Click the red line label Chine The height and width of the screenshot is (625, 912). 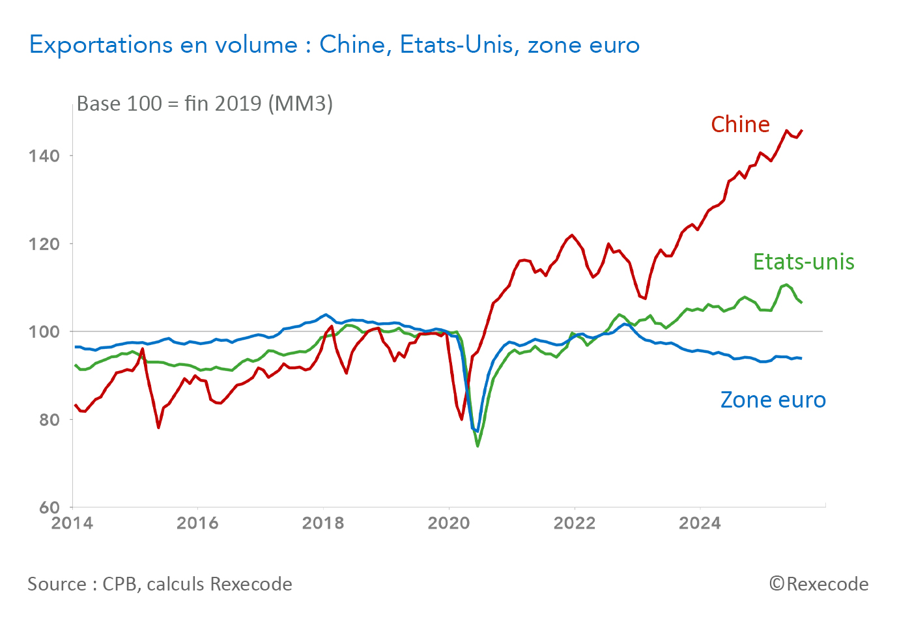740,124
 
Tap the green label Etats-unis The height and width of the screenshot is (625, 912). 803,262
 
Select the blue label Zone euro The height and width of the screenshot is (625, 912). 773,400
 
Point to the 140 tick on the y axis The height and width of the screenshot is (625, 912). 44,156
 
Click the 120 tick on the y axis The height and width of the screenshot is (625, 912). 44,244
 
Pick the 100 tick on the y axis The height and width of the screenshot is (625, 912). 44,332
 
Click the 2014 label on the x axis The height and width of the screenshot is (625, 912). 72,523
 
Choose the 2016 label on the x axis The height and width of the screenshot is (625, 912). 197,523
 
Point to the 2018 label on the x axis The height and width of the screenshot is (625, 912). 323,523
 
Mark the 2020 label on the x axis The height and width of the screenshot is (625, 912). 449,523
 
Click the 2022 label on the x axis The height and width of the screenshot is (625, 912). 575,523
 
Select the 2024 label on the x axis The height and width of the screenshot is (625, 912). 700,523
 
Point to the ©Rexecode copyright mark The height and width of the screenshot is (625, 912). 818,584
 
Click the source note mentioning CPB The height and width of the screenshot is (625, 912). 160,584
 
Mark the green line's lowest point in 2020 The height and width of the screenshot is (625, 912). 477,446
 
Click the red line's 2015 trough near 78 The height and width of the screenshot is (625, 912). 158,427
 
